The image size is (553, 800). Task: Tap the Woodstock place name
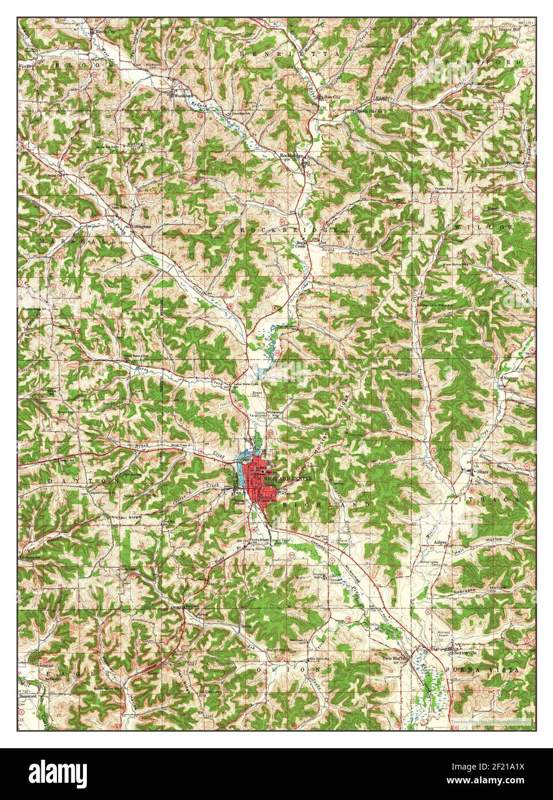point(182,94)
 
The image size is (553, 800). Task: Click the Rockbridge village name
point(291,156)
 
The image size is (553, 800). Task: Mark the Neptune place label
point(511,378)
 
